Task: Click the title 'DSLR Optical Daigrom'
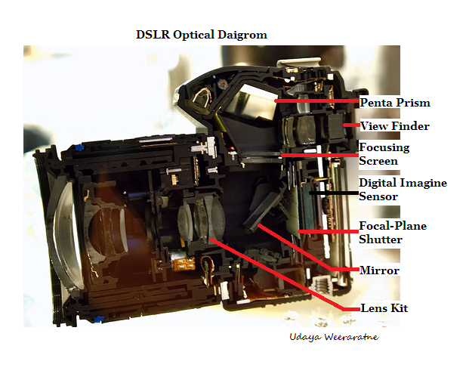click(201, 35)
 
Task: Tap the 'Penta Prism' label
click(395, 102)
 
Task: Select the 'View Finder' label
click(394, 125)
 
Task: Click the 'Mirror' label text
click(379, 270)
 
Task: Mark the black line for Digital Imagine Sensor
click(332, 193)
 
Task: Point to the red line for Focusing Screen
click(317, 154)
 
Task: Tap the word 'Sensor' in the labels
click(378, 196)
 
